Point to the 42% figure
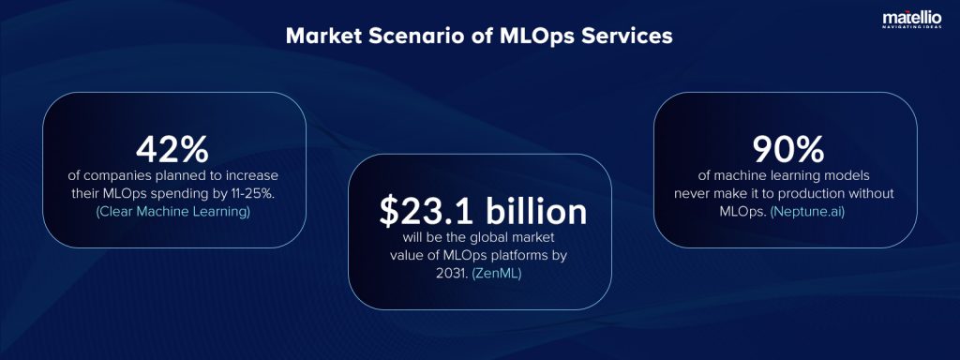click(x=172, y=150)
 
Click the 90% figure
click(x=787, y=150)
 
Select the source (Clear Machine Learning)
click(x=173, y=212)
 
